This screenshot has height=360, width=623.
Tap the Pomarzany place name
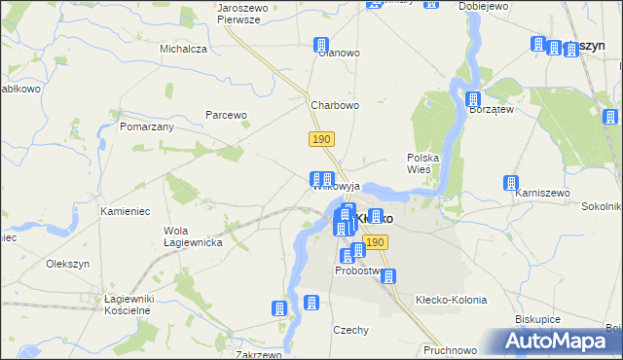147,127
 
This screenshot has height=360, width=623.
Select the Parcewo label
227,115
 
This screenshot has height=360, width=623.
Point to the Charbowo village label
335,106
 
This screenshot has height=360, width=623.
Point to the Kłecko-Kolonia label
451,300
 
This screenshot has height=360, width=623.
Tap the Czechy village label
350,330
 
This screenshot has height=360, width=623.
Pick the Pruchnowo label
450,349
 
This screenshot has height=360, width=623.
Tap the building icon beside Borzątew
473,99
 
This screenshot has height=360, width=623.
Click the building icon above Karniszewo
510,183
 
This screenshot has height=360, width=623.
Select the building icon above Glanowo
320,45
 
